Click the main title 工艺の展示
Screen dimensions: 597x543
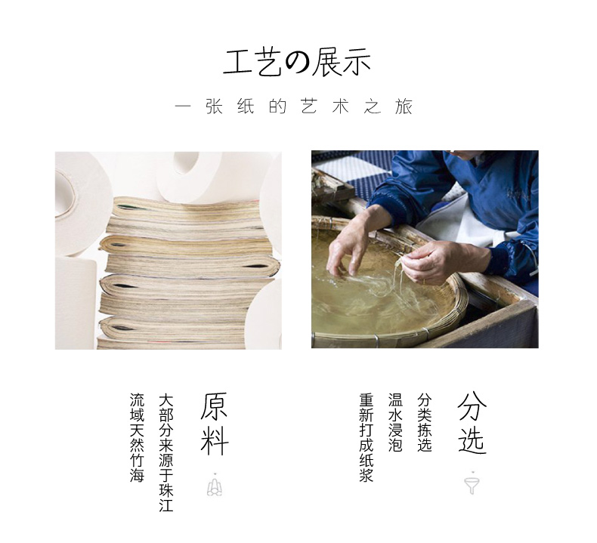click(x=296, y=62)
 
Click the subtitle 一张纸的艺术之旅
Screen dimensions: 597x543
click(x=293, y=106)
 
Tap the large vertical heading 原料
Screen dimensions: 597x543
click(x=215, y=424)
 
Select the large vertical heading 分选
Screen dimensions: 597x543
click(x=472, y=423)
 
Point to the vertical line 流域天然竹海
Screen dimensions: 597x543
click(x=137, y=437)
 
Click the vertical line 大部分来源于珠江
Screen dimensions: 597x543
click(x=166, y=452)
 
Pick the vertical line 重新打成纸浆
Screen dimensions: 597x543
click(x=367, y=437)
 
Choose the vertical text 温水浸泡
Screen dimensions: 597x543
click(x=395, y=422)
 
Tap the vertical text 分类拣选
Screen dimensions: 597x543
click(x=424, y=422)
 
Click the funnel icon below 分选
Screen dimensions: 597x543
click(x=472, y=483)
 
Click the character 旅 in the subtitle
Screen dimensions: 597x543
click(x=404, y=106)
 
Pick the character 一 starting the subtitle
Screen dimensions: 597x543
click(x=183, y=106)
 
